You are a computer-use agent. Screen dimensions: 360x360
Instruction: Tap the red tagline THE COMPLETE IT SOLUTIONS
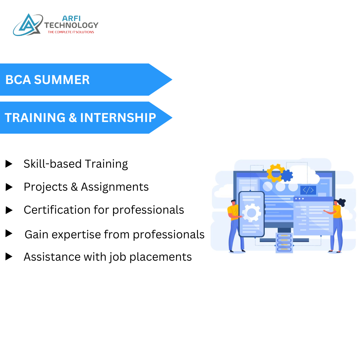click(x=71, y=32)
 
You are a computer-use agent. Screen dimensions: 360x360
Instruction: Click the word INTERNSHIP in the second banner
click(x=118, y=118)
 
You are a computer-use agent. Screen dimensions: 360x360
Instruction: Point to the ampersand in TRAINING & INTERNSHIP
click(x=73, y=118)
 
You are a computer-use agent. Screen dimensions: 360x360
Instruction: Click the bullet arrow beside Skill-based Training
click(x=9, y=164)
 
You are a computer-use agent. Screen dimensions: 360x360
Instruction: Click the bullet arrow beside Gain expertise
click(x=9, y=234)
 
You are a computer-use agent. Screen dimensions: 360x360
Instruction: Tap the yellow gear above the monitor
click(x=275, y=173)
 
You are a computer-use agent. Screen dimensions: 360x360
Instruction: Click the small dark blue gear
click(x=287, y=175)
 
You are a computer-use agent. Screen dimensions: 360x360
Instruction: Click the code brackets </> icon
click(x=308, y=190)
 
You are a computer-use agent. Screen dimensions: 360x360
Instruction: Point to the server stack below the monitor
click(x=284, y=242)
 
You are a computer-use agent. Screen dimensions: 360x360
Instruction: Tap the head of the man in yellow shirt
click(x=233, y=202)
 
